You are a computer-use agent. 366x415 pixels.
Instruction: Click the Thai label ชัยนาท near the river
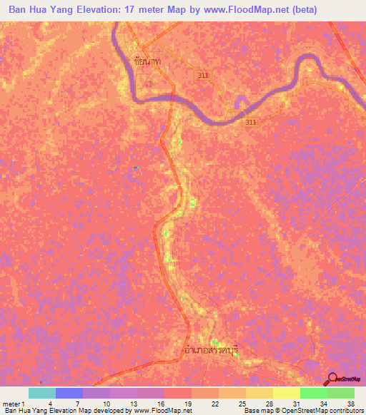pos(147,63)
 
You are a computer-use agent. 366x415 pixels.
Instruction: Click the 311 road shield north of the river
pos(204,74)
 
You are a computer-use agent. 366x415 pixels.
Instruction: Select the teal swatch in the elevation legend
pos(42,393)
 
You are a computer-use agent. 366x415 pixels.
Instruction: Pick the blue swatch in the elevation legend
pos(69,393)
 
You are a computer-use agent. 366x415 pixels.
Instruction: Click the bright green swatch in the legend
pos(313,393)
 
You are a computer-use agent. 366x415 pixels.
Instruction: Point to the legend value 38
pos(350,403)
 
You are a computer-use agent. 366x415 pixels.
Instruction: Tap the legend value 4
pos(49,403)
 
